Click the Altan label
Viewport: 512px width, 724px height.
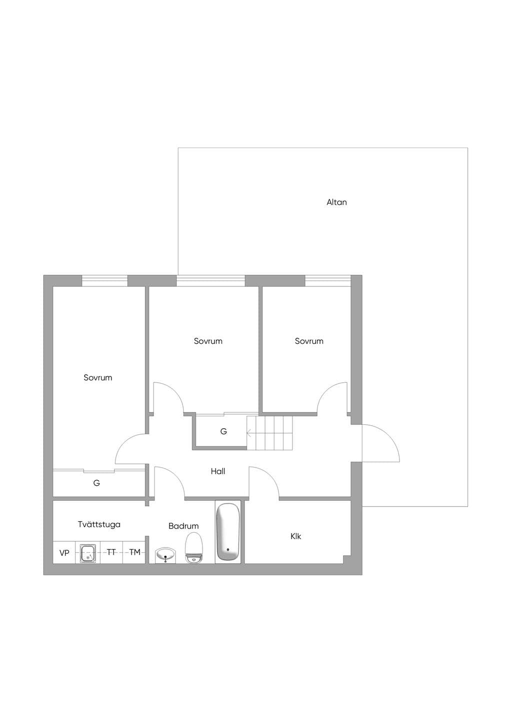point(336,202)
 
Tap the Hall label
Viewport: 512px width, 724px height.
point(217,471)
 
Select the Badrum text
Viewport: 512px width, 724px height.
point(183,526)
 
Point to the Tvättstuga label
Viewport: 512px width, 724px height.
point(99,524)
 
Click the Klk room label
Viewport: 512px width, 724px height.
point(295,536)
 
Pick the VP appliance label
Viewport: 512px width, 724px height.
point(64,553)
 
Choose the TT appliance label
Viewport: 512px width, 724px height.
point(111,552)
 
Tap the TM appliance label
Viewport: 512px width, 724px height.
point(135,552)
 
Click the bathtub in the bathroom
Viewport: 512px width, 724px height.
point(228,532)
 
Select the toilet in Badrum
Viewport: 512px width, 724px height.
point(193,547)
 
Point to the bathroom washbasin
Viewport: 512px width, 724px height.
point(165,555)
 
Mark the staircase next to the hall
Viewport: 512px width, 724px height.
point(269,433)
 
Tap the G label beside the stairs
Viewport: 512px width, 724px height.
point(223,431)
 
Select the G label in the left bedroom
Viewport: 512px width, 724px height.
point(96,483)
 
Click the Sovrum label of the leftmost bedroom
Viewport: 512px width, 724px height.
point(97,378)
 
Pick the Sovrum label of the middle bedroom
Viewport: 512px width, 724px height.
point(208,341)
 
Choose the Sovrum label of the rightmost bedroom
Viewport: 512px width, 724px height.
point(309,341)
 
